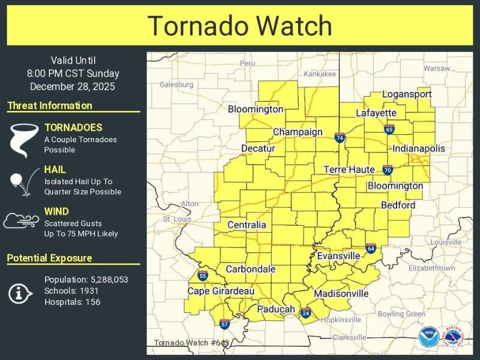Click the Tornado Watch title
[x=239, y=26]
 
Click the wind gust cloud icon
[x=21, y=221]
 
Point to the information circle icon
[x=21, y=292]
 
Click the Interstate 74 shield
[x=340, y=138]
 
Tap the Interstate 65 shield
[x=389, y=129]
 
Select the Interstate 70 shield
[x=388, y=170]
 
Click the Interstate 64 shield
[x=371, y=248]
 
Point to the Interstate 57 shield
[x=224, y=324]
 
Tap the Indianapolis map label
[x=419, y=148]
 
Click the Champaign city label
[x=298, y=132]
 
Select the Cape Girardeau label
[x=221, y=291]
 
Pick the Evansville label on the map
[x=338, y=256]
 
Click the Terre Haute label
[x=349, y=170]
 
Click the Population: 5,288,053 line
[x=86, y=280]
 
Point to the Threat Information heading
[x=50, y=106]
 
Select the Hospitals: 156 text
[x=72, y=302]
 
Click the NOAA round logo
[x=428, y=337]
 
